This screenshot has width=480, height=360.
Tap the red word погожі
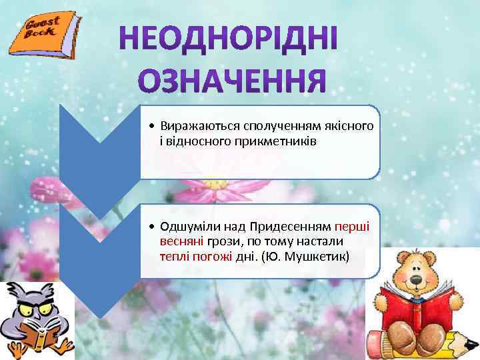(213, 256)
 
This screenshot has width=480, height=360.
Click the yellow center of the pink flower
(214, 183)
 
